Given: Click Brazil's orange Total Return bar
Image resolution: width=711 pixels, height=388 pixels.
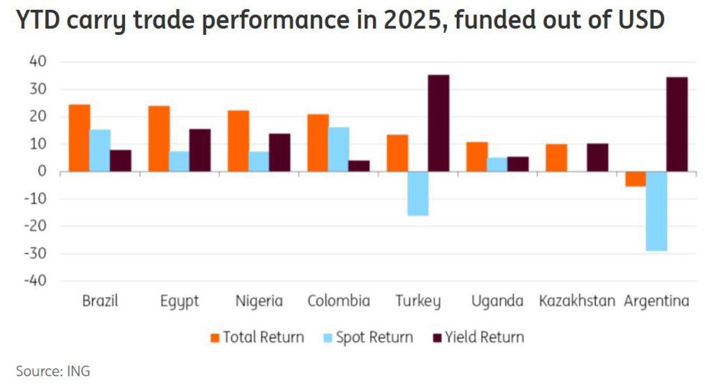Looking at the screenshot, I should (79, 138).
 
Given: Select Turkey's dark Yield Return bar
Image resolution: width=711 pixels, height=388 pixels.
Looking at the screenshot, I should (438, 123).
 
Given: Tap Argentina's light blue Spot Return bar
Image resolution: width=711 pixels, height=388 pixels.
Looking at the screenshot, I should (656, 211).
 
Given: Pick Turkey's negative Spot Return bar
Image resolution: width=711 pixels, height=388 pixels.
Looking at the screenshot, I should (417, 193).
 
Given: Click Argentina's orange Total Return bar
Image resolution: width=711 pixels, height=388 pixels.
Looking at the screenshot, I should (635, 179).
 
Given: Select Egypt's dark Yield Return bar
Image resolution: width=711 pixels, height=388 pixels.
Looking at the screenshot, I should (199, 150).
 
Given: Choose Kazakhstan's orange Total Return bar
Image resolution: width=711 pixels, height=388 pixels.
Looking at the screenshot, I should (556, 158).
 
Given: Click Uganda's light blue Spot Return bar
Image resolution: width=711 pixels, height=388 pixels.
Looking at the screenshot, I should (497, 164).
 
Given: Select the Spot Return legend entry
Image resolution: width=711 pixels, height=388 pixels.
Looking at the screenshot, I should (367, 338).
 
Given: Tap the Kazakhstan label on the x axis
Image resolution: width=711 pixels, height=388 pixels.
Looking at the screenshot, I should (577, 302).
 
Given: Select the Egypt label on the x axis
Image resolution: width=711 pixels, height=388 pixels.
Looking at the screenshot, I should (179, 302).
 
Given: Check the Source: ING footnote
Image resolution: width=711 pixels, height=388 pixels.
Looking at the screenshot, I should (53, 372).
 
